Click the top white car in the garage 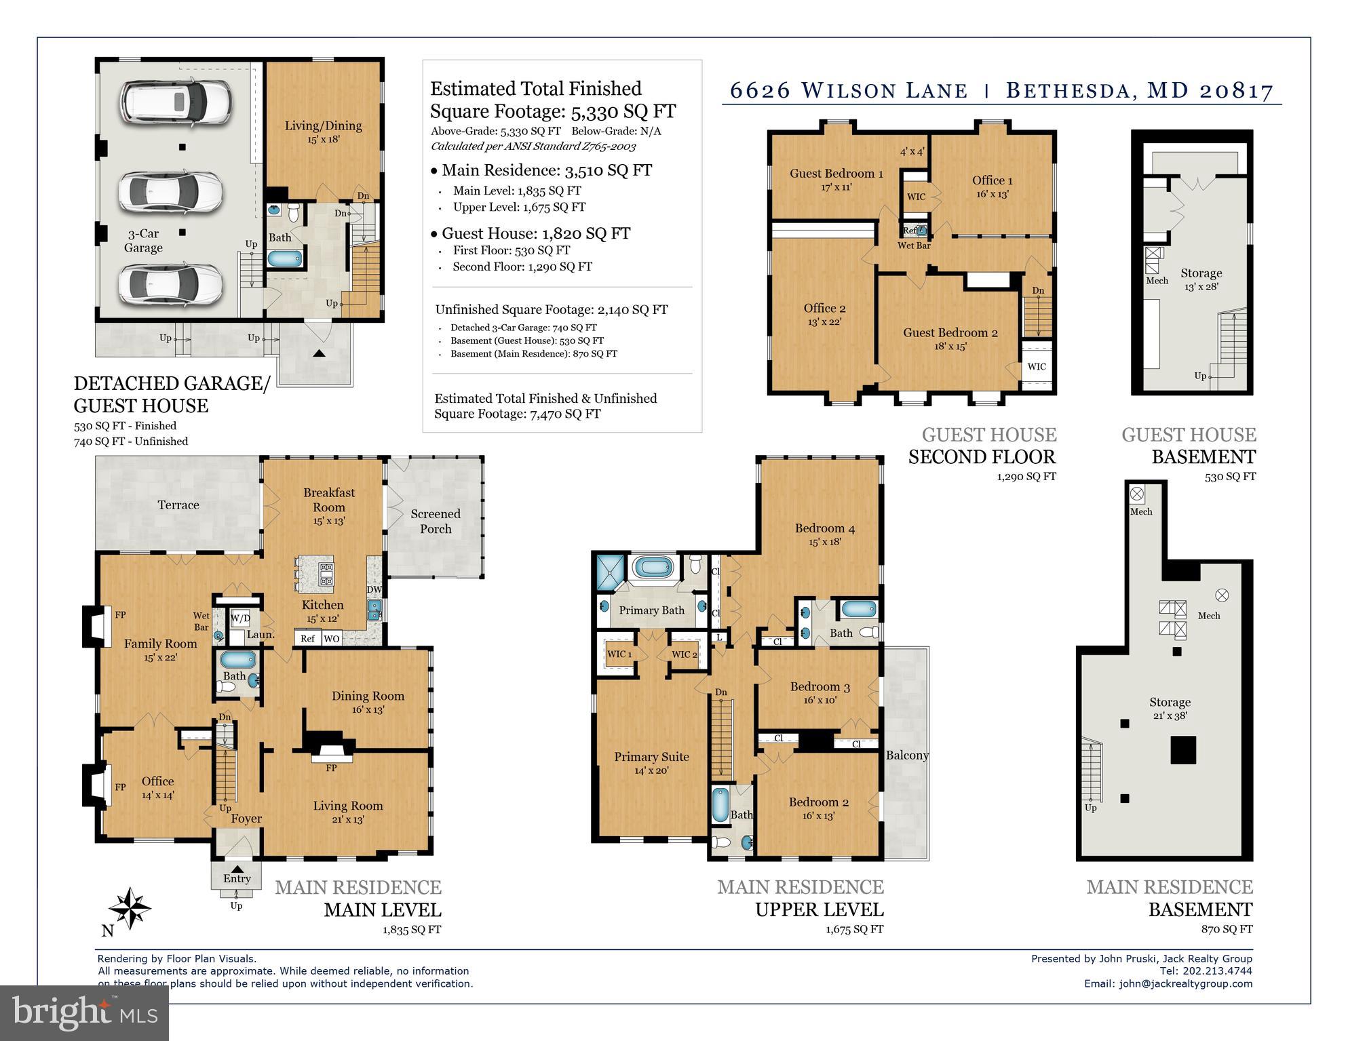click(174, 102)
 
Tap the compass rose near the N click(129, 907)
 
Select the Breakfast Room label click(328, 500)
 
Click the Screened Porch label click(435, 521)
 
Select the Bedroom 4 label click(824, 528)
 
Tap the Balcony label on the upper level click(906, 755)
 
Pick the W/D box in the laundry click(239, 618)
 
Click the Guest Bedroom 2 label click(949, 332)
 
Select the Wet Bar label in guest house click(913, 245)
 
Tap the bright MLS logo click(84, 1013)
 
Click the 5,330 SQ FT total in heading click(623, 111)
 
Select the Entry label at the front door click(237, 878)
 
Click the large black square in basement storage click(1182, 750)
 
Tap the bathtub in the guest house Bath click(285, 258)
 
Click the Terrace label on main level click(178, 505)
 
